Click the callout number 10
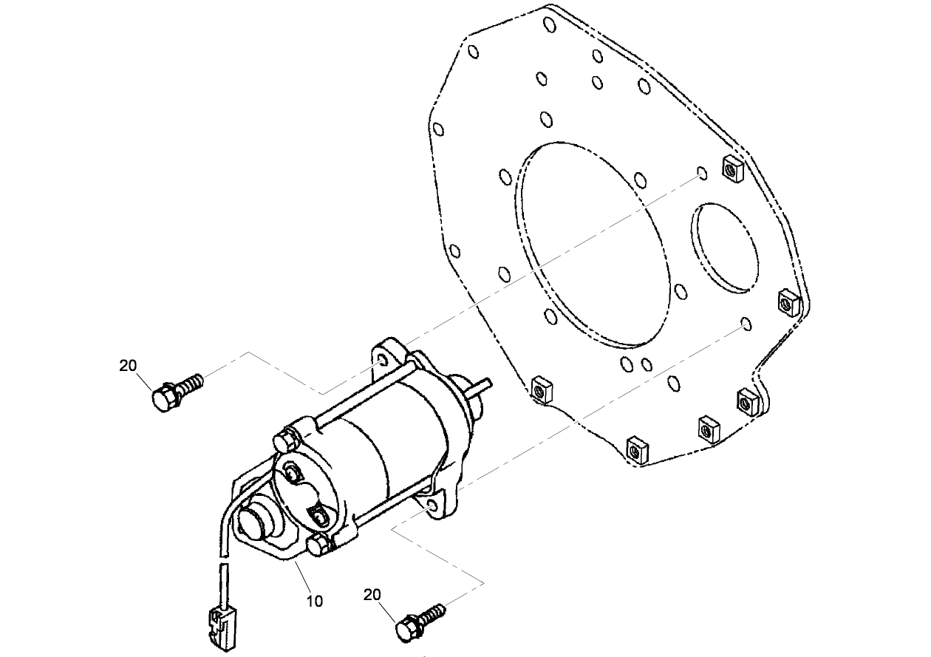click(315, 601)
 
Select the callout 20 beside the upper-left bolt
click(128, 365)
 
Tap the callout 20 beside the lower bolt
click(372, 595)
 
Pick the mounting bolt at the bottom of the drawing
click(418, 621)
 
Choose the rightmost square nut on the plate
click(788, 303)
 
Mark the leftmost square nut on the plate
click(541, 389)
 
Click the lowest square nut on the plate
click(637, 449)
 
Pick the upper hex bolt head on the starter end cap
click(284, 440)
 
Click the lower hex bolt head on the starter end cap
click(318, 546)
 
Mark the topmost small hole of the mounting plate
click(549, 25)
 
